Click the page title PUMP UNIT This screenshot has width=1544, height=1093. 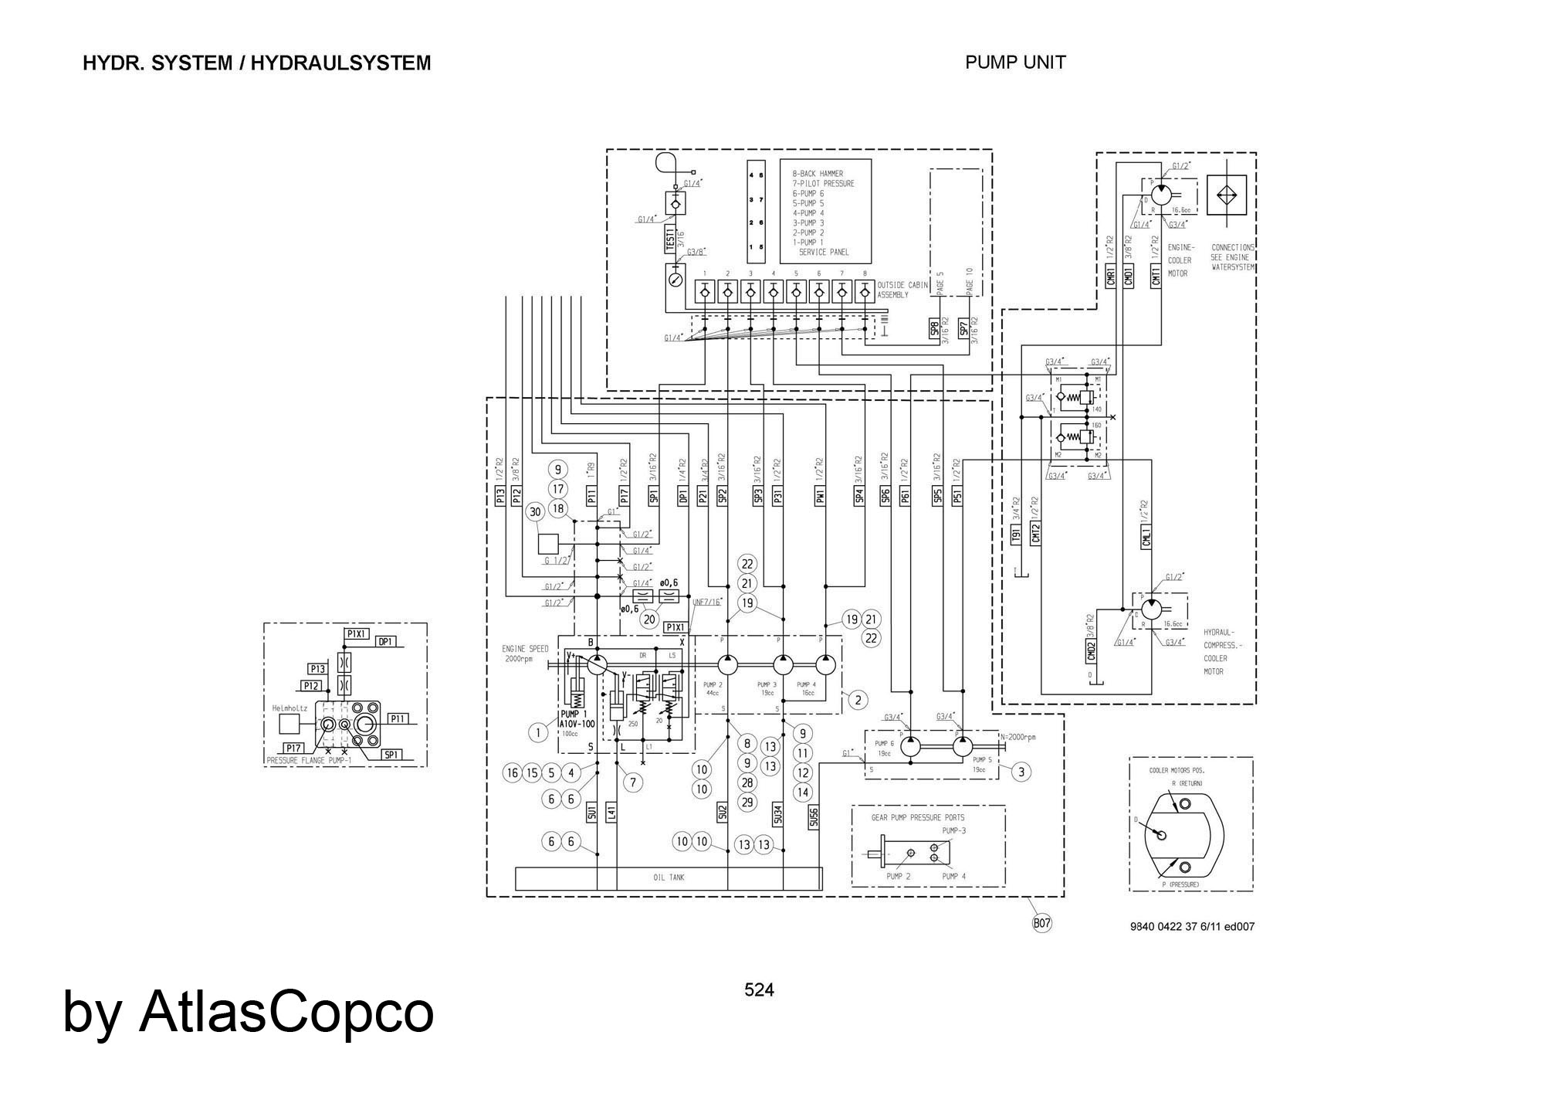tap(1015, 63)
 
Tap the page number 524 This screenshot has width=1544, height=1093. tap(759, 989)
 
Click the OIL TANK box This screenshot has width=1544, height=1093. tap(669, 877)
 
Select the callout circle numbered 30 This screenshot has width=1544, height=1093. tap(535, 511)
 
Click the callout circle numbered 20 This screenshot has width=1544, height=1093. tap(649, 619)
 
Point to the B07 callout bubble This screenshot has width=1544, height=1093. tap(1042, 922)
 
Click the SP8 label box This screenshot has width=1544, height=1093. tap(934, 328)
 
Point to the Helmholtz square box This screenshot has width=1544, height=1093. tap(289, 724)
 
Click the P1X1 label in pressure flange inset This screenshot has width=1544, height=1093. tap(357, 633)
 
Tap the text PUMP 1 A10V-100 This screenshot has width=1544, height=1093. tap(577, 719)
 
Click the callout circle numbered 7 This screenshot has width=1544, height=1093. tap(632, 782)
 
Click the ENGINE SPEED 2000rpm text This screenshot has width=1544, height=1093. tap(525, 653)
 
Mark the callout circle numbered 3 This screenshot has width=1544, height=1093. tap(1021, 771)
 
